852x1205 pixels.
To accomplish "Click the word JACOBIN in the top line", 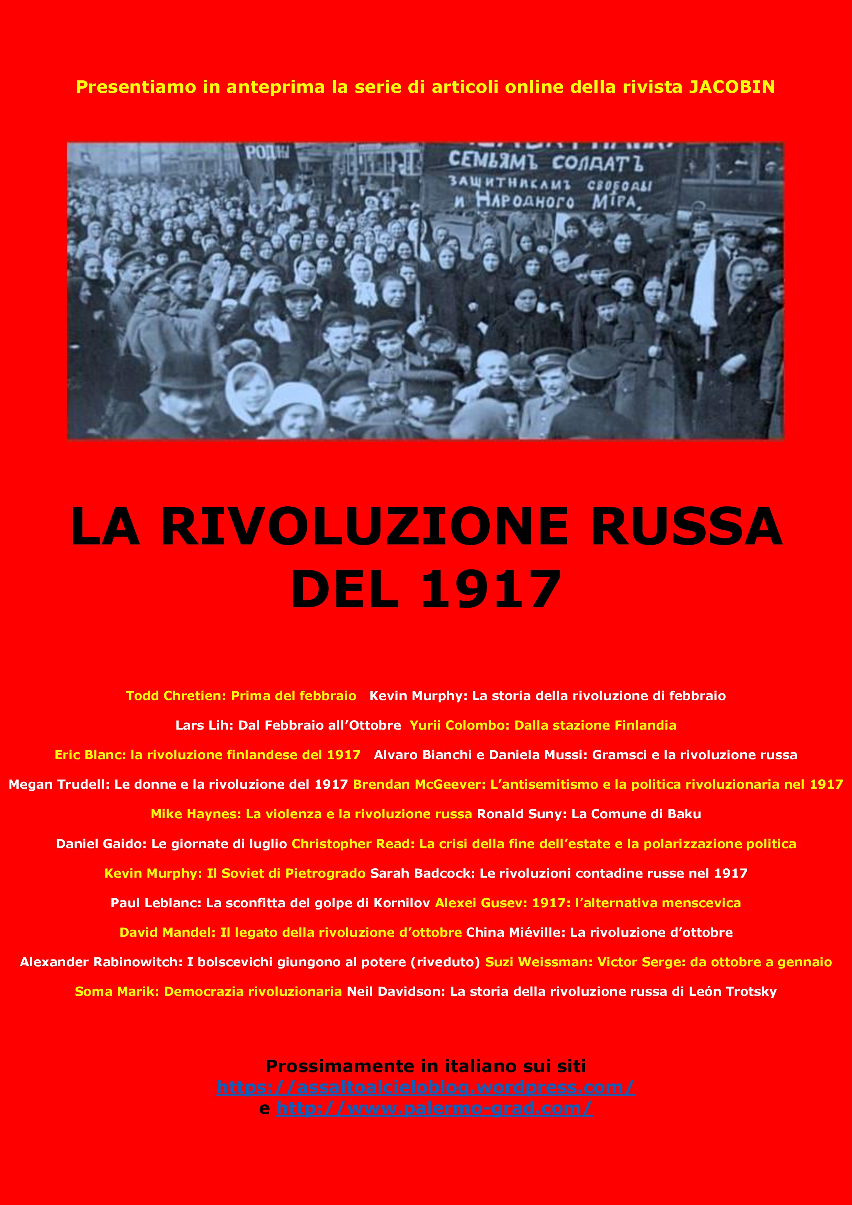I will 731,87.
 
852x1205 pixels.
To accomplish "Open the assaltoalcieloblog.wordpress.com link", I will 425,1087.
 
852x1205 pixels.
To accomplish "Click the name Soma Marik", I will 116,991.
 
